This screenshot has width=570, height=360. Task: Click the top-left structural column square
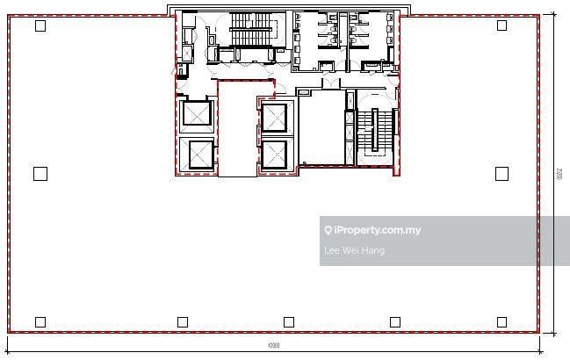coord(40,25)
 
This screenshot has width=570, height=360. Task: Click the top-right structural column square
coord(501,25)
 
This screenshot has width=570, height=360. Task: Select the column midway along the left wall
coord(40,174)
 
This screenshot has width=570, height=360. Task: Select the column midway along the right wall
coord(501,174)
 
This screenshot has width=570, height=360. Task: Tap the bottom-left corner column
coord(40,322)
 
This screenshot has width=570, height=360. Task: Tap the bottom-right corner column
coord(501,322)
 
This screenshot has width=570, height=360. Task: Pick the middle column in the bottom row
coord(289,322)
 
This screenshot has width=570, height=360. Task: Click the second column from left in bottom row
coord(183,322)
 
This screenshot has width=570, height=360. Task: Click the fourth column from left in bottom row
coord(395,322)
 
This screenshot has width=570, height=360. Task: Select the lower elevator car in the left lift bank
coord(196,155)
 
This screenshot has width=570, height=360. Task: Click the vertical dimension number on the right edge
coord(559,175)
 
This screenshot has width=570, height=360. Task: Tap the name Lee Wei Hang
coord(354,251)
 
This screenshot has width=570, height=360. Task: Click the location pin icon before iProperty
coord(328,231)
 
